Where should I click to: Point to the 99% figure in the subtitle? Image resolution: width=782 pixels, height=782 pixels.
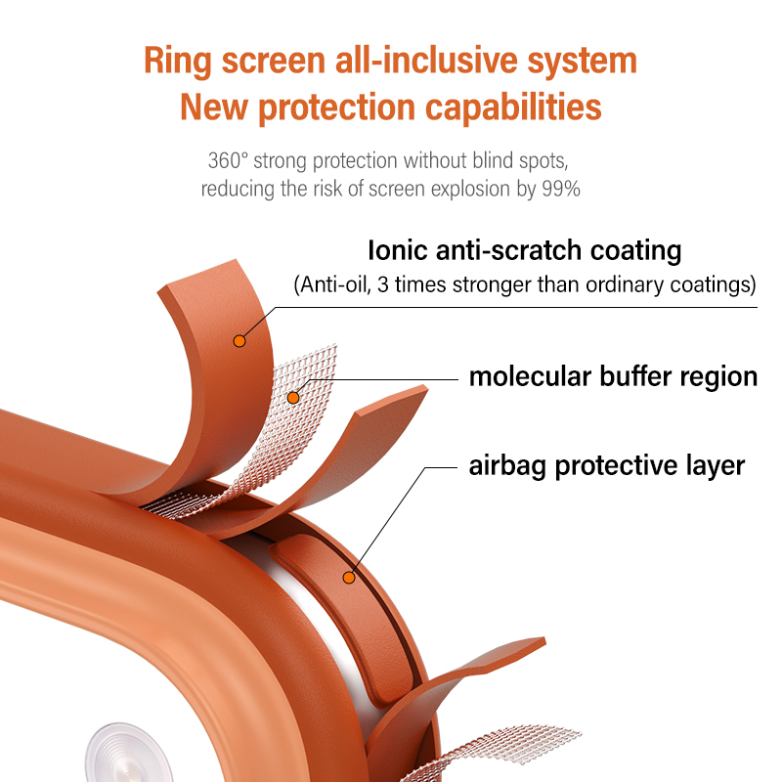coord(561,189)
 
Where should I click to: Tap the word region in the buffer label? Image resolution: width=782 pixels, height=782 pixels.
coord(717,376)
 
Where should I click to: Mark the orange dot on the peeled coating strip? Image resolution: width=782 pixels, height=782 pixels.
coord(238,341)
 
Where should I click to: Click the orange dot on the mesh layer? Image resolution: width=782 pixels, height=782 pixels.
coord(293,397)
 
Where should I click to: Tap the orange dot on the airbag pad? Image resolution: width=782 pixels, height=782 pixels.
coord(348,577)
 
